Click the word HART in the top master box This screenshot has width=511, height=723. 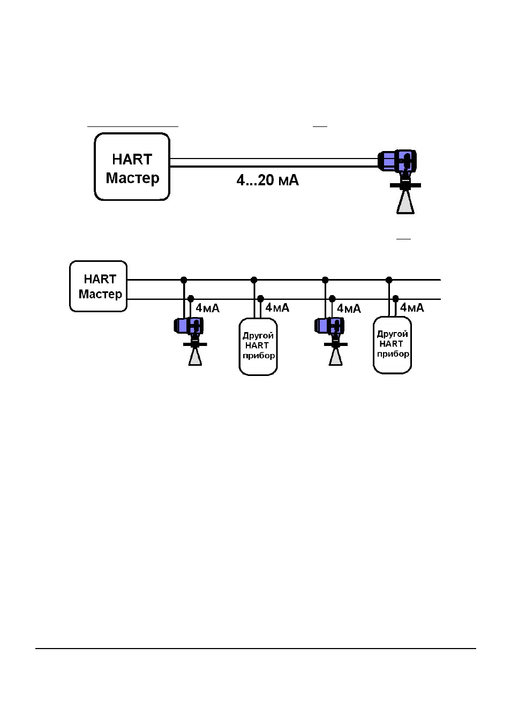132,160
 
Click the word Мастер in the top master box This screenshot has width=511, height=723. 132,178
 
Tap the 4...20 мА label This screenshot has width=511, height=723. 268,180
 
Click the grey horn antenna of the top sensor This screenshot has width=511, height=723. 405,202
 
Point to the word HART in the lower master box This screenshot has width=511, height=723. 100,279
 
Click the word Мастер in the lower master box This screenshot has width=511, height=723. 100,294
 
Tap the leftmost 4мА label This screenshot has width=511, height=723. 208,308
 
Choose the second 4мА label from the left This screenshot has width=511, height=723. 277,307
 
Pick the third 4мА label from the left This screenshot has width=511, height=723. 349,308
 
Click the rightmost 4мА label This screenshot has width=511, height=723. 412,307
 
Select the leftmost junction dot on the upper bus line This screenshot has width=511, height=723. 184,280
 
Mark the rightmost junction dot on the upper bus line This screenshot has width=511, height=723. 389,280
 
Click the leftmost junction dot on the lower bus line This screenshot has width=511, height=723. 191,298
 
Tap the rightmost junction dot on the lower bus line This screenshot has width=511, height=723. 395,298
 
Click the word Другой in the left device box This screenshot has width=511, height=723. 258,336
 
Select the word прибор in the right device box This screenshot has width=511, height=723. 393,354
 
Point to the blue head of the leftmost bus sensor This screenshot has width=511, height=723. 189,326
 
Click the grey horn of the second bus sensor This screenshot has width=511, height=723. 336,357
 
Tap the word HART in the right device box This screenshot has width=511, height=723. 391,344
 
